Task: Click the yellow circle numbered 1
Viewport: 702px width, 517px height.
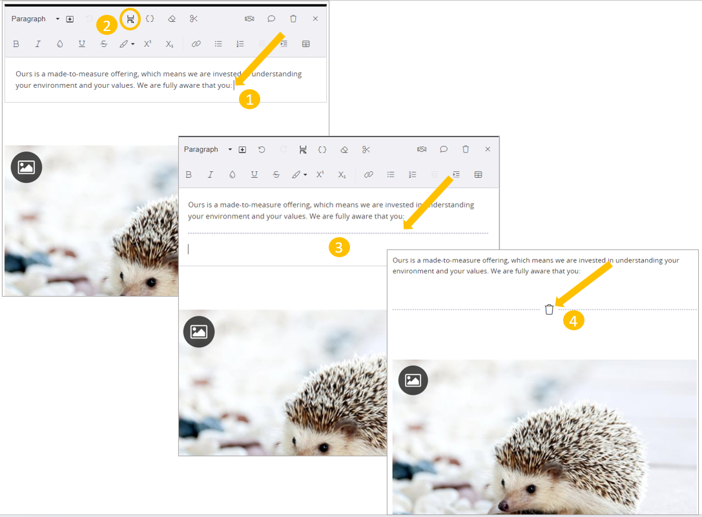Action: (x=249, y=98)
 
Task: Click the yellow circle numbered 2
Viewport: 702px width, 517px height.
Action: (x=107, y=25)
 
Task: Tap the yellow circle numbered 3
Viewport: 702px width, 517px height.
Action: (x=339, y=247)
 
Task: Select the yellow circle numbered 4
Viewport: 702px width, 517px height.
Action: (x=573, y=320)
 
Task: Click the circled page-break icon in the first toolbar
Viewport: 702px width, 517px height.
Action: (x=130, y=19)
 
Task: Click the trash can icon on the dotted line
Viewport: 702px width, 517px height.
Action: (x=549, y=310)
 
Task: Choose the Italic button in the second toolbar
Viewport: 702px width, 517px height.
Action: (x=211, y=174)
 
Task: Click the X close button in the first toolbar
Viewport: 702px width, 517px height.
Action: (x=315, y=19)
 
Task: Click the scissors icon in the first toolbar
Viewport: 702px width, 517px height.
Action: (x=194, y=19)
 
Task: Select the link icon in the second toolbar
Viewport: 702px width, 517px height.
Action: (x=368, y=174)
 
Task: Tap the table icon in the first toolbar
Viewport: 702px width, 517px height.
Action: (x=305, y=44)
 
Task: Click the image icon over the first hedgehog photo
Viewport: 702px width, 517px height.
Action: (x=26, y=167)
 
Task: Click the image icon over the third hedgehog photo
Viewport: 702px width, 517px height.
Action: (x=413, y=380)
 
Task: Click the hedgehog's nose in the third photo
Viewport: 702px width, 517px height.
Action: (x=502, y=505)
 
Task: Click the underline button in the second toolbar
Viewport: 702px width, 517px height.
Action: (x=254, y=174)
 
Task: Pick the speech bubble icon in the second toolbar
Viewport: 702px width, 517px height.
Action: (x=444, y=149)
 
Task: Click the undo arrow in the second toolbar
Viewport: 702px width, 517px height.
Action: (x=262, y=149)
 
